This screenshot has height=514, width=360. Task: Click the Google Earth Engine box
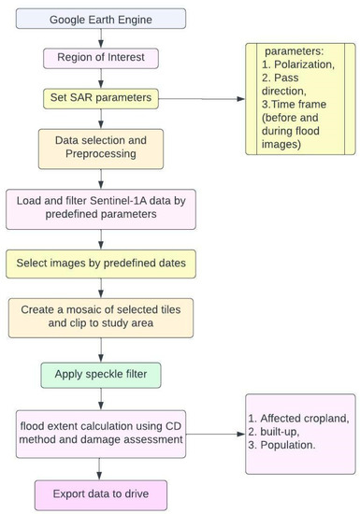[x=101, y=19]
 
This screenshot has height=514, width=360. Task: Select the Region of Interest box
[x=101, y=58]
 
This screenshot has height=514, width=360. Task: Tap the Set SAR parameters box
[x=101, y=99]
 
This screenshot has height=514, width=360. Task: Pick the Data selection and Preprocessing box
[x=101, y=150]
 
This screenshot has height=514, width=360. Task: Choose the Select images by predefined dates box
[x=101, y=264]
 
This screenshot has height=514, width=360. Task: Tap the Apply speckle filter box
[x=101, y=376]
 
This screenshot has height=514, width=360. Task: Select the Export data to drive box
[x=101, y=495]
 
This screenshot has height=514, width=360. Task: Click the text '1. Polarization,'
[x=298, y=64]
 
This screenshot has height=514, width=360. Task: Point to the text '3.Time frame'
[x=294, y=105]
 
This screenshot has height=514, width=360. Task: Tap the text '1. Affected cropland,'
[x=298, y=419]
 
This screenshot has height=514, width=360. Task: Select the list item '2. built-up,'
[x=274, y=432]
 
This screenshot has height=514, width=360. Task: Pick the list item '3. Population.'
[x=281, y=445]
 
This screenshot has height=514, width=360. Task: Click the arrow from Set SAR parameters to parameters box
[x=202, y=99]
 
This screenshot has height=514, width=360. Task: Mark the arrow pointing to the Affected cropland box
[x=216, y=434]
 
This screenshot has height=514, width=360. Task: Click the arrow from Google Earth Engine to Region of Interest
[x=101, y=38]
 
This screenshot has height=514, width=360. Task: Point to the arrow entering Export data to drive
[x=99, y=469]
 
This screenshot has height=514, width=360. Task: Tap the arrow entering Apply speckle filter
[x=101, y=350]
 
